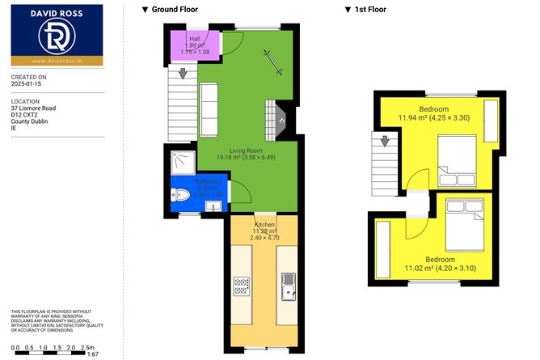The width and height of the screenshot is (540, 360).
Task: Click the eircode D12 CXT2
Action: click(25, 114)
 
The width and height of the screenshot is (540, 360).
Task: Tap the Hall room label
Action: click(195, 38)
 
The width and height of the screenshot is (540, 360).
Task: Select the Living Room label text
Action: click(246, 150)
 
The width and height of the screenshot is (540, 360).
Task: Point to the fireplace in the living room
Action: click(277, 119)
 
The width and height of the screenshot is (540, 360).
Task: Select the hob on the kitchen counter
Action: click(241, 285)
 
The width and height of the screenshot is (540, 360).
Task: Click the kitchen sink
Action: click(288, 285)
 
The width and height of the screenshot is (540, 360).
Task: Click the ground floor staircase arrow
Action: click(183, 74)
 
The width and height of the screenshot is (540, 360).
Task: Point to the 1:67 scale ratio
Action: click(92, 354)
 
